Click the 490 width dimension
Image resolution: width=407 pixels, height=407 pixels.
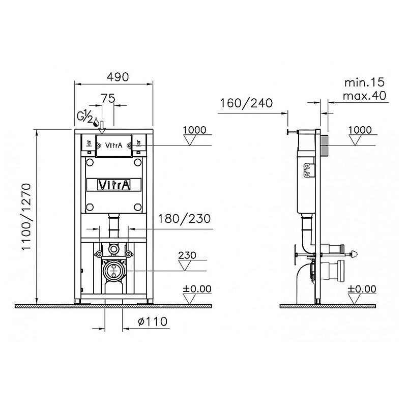(118, 77)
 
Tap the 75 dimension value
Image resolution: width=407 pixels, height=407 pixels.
(108, 98)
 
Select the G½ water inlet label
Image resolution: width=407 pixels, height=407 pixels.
(85, 118)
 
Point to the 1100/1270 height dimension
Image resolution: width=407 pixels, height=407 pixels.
(26, 217)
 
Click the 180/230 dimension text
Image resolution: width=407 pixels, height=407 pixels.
(184, 219)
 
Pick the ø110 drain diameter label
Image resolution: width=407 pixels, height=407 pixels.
(153, 322)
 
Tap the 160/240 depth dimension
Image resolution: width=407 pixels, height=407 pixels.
(246, 103)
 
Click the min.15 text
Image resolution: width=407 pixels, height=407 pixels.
(364, 82)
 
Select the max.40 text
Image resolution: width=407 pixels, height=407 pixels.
(364, 96)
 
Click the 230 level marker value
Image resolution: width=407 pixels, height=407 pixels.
(187, 255)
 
